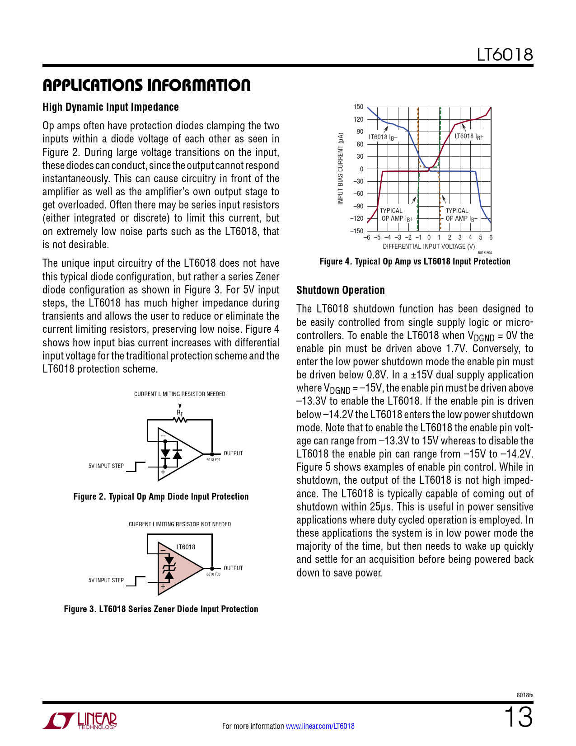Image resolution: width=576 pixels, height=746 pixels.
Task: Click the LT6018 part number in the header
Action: click(x=505, y=55)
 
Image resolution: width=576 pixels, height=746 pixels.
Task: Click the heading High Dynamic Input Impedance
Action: click(x=111, y=107)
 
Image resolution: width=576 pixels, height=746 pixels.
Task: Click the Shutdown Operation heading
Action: click(x=341, y=290)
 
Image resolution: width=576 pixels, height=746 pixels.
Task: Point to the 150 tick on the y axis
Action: click(x=358, y=107)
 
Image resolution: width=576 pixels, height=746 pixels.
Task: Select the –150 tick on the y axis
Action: click(x=356, y=231)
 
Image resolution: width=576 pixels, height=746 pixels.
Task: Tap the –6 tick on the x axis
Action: click(x=367, y=237)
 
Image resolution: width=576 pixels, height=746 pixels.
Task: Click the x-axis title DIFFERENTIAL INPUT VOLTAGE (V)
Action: click(x=429, y=246)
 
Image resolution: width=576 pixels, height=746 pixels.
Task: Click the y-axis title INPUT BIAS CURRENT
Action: click(x=341, y=168)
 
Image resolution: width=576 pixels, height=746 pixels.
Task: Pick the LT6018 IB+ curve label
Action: click(x=469, y=137)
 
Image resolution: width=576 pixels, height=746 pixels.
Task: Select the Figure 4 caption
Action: click(x=415, y=261)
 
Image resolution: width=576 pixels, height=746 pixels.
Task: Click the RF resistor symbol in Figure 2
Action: click(x=180, y=419)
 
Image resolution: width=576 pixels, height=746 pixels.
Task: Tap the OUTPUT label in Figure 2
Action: click(x=233, y=453)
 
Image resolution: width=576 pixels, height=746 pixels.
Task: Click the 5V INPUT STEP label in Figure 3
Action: click(x=106, y=580)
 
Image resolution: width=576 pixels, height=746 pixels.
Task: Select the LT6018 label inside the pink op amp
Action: click(x=186, y=547)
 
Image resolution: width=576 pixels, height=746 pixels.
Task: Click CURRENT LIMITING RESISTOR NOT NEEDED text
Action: click(x=180, y=524)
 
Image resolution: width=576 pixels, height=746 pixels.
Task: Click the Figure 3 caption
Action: click(x=161, y=609)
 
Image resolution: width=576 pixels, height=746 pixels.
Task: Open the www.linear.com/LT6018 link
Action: click(x=320, y=726)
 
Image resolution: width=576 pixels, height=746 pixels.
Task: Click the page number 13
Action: click(x=518, y=718)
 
